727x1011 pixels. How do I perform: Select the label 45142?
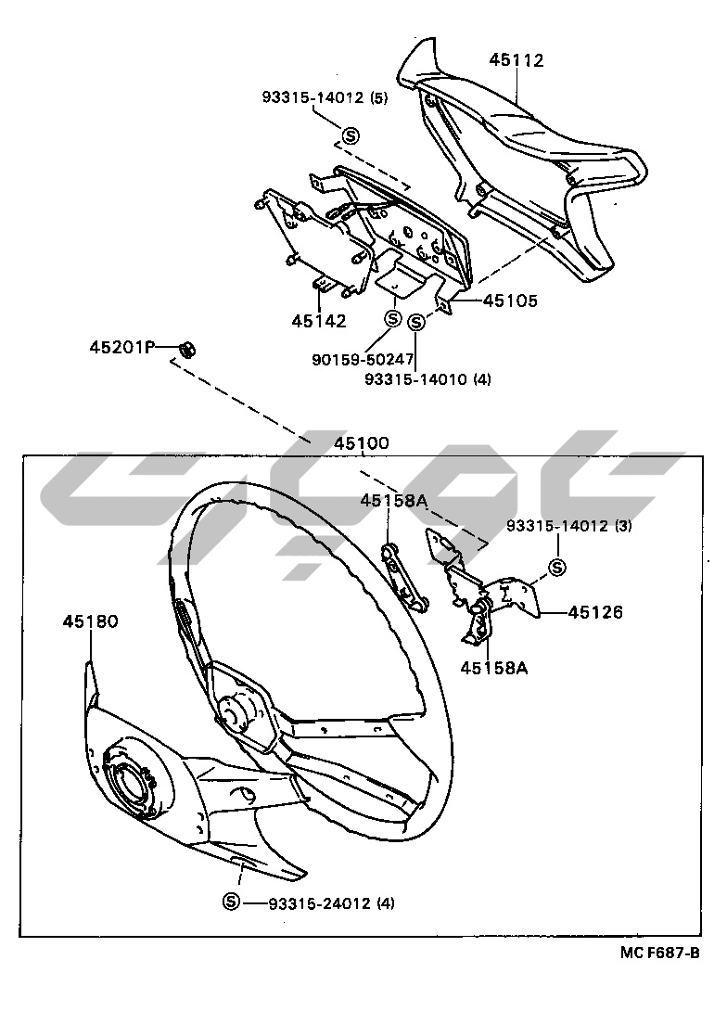(318, 322)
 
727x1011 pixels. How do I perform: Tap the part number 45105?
(510, 301)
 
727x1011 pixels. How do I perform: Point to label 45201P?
(120, 348)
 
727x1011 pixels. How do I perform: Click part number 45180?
(91, 621)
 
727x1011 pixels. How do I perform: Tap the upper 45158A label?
(393, 502)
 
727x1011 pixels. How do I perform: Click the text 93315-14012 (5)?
(324, 97)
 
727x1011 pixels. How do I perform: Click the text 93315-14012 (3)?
(568, 526)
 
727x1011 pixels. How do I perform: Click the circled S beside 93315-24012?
(231, 902)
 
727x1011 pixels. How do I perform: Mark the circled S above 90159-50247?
(392, 319)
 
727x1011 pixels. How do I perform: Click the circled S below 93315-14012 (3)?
(557, 568)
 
